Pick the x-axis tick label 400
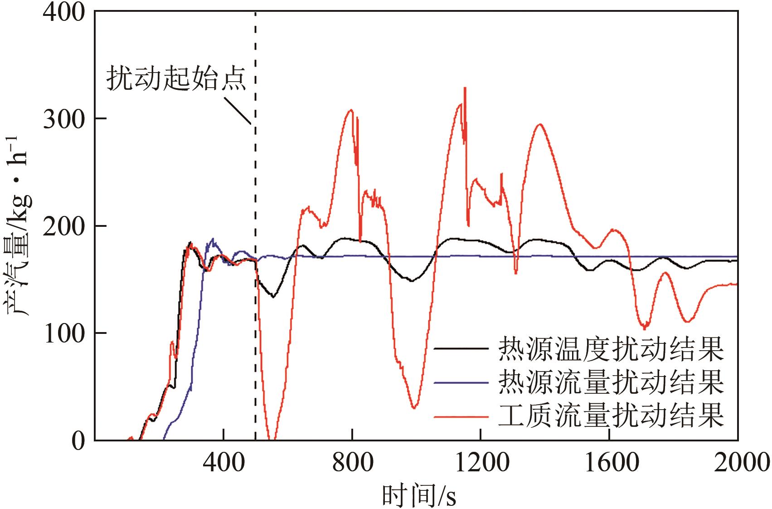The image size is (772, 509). click(x=223, y=463)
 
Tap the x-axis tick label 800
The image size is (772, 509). click(x=352, y=463)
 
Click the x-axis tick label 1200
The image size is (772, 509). click(x=481, y=463)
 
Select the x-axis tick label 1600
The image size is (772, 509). click(x=610, y=463)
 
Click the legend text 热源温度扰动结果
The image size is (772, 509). click(x=611, y=349)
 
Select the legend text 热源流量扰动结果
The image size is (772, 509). click(x=611, y=382)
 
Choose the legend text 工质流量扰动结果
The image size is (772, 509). click(x=611, y=416)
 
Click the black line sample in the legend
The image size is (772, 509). click(x=461, y=349)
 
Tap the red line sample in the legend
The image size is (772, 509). click(x=461, y=416)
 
